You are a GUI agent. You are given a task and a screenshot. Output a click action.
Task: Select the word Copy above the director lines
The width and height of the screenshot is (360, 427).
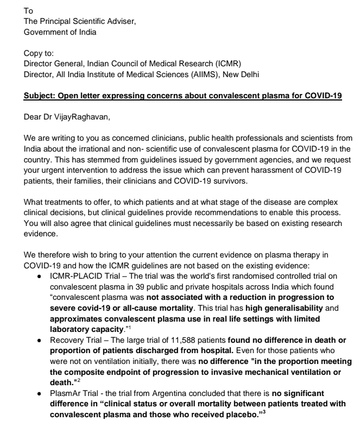pyautogui.click(x=33, y=54)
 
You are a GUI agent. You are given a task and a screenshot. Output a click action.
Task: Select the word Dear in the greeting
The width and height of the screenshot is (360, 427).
pyautogui.click(x=32, y=118)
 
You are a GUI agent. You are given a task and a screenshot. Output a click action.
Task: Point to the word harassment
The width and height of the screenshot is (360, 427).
pyautogui.click(x=275, y=170)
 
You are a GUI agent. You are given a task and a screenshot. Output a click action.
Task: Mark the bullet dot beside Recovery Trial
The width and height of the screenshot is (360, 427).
pyautogui.click(x=40, y=340)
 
